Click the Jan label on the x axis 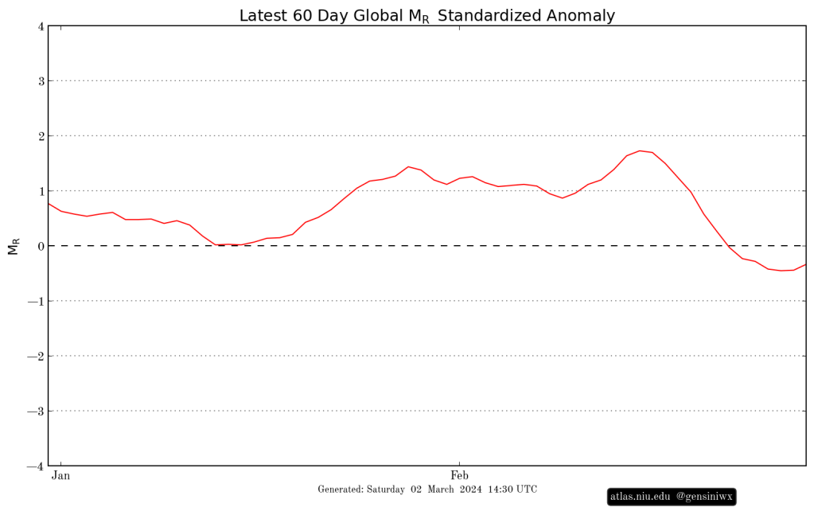point(60,476)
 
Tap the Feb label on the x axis point(459,476)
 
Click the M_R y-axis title point(13,246)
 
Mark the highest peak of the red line point(640,150)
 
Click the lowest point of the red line point(781,271)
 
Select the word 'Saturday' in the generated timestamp point(386,490)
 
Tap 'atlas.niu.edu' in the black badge point(640,497)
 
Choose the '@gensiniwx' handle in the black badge point(703,497)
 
